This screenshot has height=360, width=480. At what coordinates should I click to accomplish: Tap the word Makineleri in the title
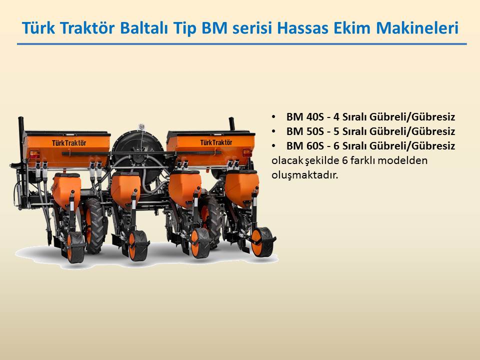pos(417,28)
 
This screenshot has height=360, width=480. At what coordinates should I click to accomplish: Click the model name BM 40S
pos(305,116)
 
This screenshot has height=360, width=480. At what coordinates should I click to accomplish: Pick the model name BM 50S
pos(305,131)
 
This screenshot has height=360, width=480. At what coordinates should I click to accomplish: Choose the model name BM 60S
pos(305,145)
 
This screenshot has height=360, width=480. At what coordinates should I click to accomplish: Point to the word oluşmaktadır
pos(305,175)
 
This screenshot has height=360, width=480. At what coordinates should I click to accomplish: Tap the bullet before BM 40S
pos(273,117)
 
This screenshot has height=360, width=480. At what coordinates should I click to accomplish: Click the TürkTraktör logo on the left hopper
pos(69,143)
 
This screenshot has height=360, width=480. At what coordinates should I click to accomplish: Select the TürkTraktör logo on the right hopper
pos(216,142)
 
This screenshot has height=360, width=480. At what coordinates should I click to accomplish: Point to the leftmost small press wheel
pos(75,247)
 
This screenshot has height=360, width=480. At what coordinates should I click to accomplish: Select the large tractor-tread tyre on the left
pos(94,225)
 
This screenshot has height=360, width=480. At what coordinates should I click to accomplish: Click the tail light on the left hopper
pos(34,154)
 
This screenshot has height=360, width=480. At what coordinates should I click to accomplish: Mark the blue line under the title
pos(242,44)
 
